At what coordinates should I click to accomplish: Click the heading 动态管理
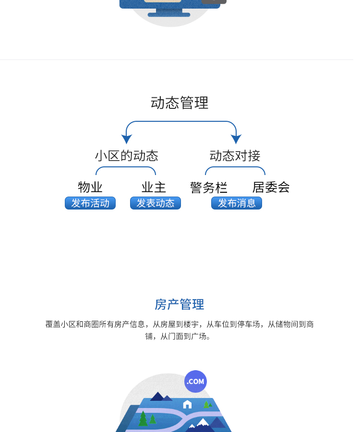tap(180, 103)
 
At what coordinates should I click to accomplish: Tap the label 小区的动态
tap(126, 156)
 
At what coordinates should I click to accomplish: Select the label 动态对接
tap(235, 156)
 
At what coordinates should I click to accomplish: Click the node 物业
tap(90, 187)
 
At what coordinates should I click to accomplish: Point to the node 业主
tap(154, 187)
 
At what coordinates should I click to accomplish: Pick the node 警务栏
tap(209, 187)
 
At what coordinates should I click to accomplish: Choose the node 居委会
tap(271, 187)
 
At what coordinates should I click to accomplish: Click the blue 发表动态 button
tap(156, 203)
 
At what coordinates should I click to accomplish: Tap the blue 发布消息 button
tap(237, 203)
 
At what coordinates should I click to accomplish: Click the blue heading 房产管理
tap(180, 304)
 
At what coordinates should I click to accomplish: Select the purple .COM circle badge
tap(195, 382)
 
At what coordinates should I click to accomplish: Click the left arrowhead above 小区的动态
tap(126, 139)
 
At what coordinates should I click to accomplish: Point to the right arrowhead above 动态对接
tap(236, 139)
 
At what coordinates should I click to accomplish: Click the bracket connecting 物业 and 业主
tap(126, 167)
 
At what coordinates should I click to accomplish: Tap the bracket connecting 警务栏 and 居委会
tap(235, 167)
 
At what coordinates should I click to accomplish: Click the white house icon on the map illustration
tap(187, 404)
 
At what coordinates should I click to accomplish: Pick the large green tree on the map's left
tap(143, 418)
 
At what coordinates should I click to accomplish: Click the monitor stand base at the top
tap(169, 14)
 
